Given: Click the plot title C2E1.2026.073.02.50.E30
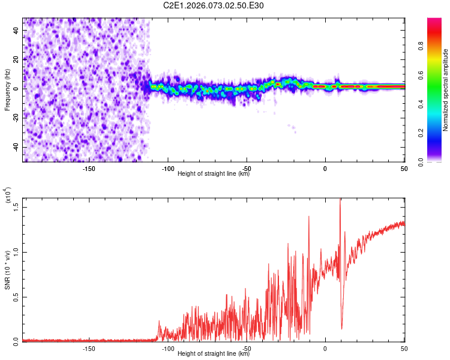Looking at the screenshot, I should point(214,5).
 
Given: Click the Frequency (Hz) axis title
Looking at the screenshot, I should point(7,90).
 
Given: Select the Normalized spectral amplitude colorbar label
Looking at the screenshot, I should point(446,90).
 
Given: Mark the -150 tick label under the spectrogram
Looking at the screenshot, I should point(89,169).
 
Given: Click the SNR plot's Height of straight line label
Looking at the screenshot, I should point(214,354).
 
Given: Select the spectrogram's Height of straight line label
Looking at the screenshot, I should point(214,174).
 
